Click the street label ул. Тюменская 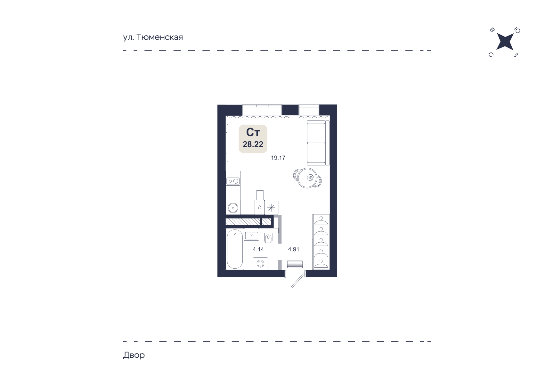click(x=153, y=37)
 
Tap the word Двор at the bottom click(x=134, y=355)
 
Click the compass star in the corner click(x=505, y=42)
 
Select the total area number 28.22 click(x=253, y=145)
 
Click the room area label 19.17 click(x=278, y=158)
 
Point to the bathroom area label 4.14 click(x=258, y=249)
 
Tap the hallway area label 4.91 click(x=293, y=249)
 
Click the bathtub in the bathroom click(x=235, y=249)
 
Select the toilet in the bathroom click(x=268, y=238)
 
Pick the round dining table click(x=307, y=178)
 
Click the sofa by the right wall click(x=316, y=143)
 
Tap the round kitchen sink click(x=233, y=207)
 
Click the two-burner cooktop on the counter click(x=233, y=181)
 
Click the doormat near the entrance click(x=295, y=264)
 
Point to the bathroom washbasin click(x=252, y=236)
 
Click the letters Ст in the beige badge click(x=253, y=132)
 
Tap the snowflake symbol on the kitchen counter click(x=271, y=208)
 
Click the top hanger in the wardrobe click(x=321, y=221)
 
